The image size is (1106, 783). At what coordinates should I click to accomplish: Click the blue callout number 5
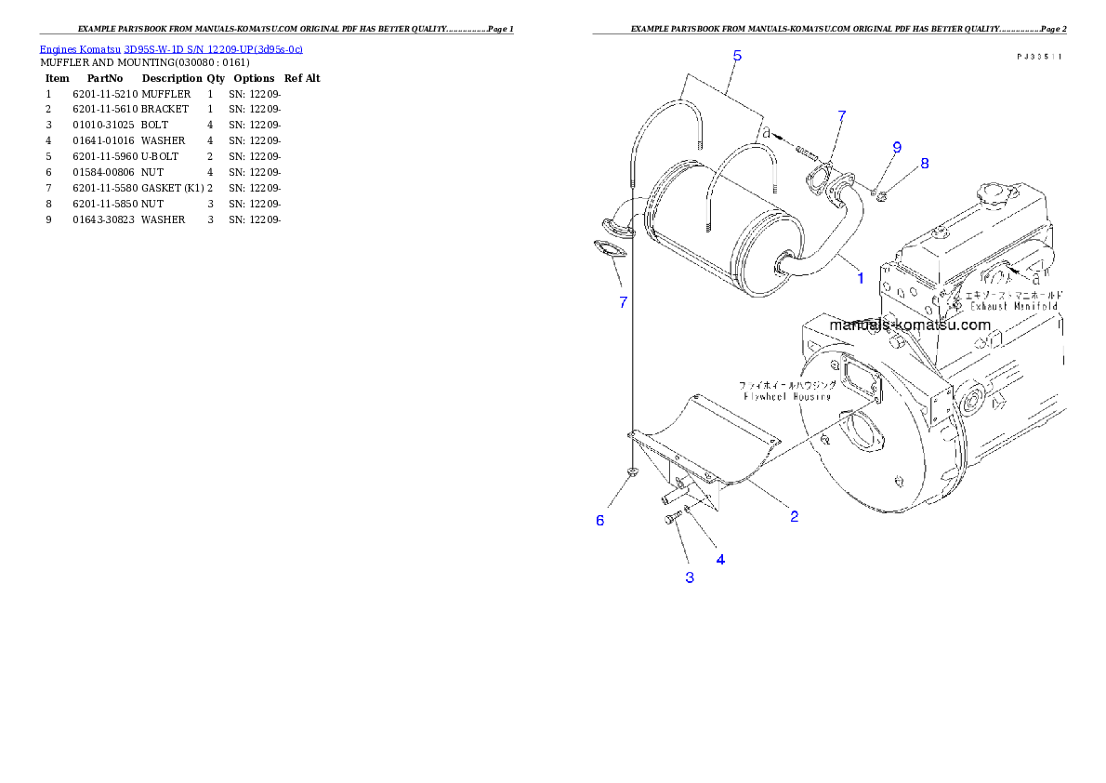737,56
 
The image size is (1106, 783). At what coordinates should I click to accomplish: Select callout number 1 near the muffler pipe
861,277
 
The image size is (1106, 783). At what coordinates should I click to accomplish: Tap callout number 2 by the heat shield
794,516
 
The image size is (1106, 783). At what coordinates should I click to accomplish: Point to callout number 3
690,577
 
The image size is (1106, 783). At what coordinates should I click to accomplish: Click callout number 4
720,559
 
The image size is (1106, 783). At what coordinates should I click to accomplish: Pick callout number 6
600,521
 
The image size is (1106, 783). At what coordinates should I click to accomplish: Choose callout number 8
925,164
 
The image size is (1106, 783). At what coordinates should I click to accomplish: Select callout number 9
897,147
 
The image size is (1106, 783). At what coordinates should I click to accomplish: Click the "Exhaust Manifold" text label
1014,305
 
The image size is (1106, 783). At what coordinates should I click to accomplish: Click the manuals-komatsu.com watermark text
910,325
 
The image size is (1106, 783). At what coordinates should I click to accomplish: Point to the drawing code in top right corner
1039,58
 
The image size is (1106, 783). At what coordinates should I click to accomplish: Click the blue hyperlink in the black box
171,48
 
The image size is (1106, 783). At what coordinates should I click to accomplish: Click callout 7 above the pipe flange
842,116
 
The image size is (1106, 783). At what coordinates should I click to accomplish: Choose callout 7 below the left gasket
624,301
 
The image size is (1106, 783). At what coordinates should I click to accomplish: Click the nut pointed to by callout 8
882,194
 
